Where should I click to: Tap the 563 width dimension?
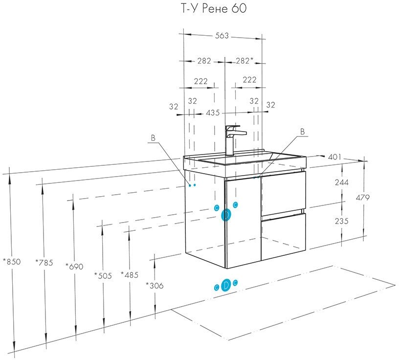222,35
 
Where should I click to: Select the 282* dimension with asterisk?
244,61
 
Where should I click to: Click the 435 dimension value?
212,112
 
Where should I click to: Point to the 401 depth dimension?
334,157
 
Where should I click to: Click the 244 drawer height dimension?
342,182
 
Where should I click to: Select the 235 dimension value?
342,221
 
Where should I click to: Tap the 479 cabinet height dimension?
363,198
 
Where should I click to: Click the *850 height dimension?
12,262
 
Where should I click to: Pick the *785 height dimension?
44,262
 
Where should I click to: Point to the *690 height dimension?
74,267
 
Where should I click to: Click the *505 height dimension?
103,275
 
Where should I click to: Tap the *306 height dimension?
155,285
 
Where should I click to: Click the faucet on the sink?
232,139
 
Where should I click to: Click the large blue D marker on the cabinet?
226,215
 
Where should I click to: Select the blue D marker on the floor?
225,286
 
